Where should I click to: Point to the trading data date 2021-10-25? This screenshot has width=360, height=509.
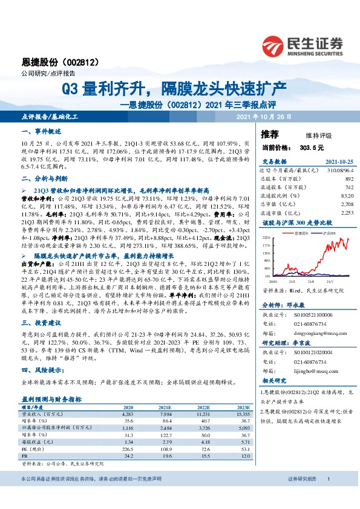[x=336, y=161]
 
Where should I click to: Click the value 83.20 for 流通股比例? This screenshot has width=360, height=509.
[x=346, y=196]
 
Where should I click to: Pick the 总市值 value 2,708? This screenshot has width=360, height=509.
[x=346, y=204]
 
